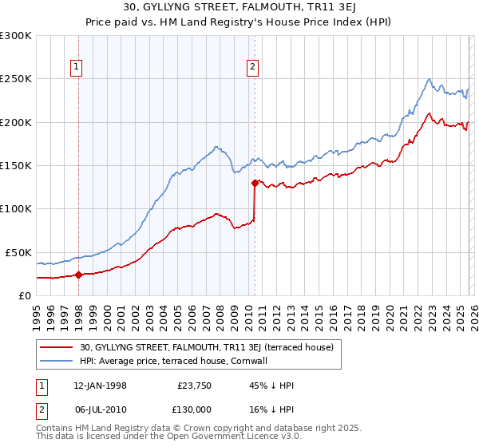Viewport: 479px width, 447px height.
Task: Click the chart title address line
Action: point(239,9)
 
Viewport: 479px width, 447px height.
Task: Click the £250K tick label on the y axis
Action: point(16,79)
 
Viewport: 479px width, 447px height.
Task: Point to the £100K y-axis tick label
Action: point(16,208)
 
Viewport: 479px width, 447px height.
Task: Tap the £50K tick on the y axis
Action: point(19,252)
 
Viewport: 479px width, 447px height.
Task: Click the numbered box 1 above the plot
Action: point(77,68)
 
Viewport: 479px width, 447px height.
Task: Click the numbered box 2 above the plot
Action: point(252,68)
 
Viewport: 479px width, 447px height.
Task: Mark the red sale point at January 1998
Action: point(78,275)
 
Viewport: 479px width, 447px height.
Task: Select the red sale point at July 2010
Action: point(255,183)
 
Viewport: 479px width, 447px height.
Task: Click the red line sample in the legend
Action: point(57,347)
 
